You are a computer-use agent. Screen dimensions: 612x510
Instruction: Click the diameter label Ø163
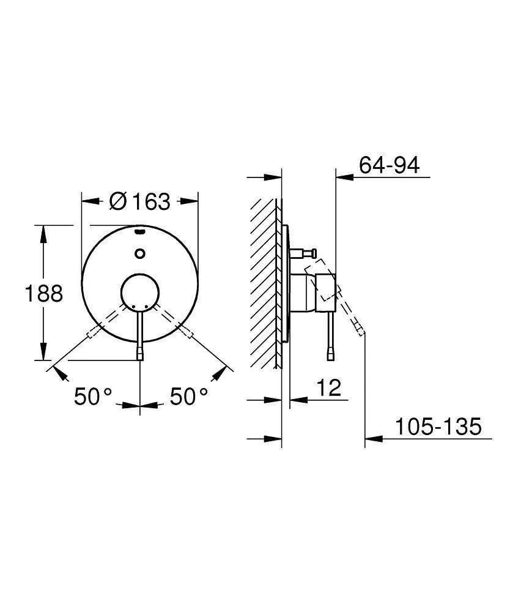pos(139,201)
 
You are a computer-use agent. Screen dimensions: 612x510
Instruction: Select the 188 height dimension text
pos(43,294)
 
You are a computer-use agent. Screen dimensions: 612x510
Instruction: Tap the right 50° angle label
pos(189,397)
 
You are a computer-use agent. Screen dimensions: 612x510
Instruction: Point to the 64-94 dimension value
pos(389,165)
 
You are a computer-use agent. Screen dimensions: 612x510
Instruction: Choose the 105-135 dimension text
pos(438,427)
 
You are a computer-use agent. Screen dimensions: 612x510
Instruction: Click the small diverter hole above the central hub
pos(140,253)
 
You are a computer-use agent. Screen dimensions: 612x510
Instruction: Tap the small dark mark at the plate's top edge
pos(140,233)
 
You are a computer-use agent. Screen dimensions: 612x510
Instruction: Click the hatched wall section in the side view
pos(264,282)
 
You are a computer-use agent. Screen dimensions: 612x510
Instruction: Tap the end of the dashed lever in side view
pos(361,331)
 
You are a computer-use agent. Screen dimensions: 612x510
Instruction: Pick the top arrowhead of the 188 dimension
pos(43,231)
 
